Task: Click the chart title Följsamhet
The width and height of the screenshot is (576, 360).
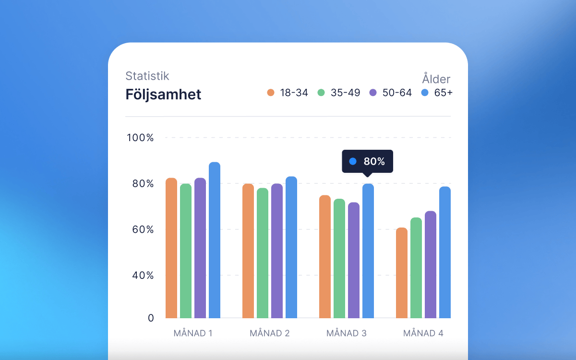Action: coord(163,95)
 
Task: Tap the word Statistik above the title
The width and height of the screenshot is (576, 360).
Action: coord(147,76)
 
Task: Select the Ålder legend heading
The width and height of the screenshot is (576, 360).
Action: coord(436,79)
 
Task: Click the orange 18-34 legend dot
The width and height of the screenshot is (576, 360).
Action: coord(271,93)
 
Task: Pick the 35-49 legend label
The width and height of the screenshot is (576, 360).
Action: coord(345,93)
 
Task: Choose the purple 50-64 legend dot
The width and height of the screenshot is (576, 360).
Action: coord(373,93)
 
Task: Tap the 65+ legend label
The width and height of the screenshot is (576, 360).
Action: coord(443,93)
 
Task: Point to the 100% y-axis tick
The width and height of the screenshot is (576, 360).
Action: coord(140,138)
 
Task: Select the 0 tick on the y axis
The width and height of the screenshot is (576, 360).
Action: coord(151,318)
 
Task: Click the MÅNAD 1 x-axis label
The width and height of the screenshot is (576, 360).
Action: coord(193,333)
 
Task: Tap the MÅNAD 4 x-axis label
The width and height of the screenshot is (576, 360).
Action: coord(423,333)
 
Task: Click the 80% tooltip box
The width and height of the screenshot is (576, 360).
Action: coord(367,161)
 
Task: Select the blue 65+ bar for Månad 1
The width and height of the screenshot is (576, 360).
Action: coord(215,240)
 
